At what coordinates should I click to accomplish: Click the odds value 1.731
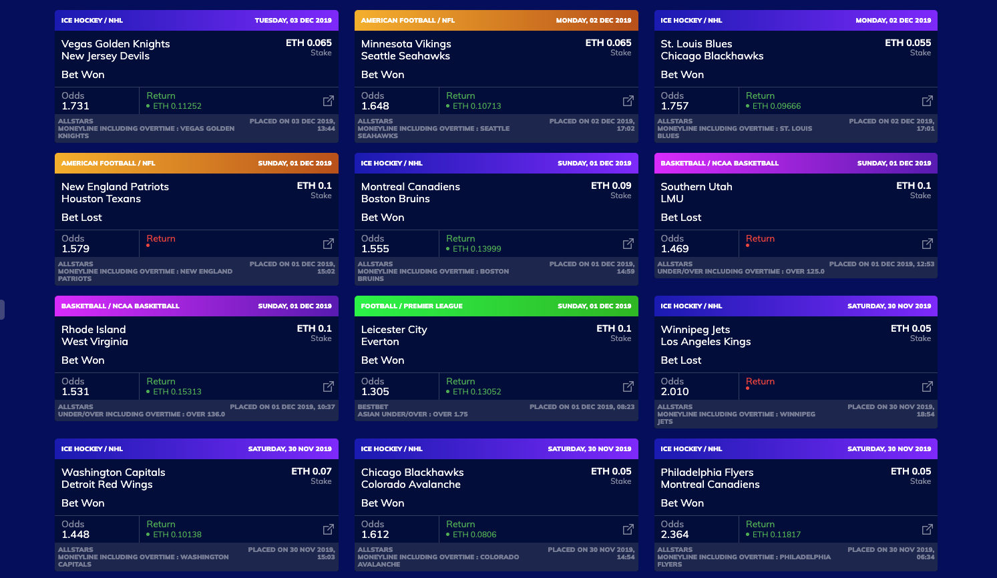click(75, 106)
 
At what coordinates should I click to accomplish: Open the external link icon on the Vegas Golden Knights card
click(329, 101)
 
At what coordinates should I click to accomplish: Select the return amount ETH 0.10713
click(476, 106)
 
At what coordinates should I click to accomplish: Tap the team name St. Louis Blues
click(696, 44)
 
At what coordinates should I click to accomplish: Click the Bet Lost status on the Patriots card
click(81, 218)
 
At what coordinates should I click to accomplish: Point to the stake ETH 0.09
click(610, 186)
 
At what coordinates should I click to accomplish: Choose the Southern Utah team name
click(696, 187)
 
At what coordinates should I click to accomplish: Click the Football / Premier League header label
click(411, 306)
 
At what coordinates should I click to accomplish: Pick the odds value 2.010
click(674, 392)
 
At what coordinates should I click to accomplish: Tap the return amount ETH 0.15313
click(177, 392)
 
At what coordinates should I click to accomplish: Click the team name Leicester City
click(394, 330)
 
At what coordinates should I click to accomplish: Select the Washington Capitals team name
click(113, 473)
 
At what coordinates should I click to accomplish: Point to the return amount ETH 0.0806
click(474, 535)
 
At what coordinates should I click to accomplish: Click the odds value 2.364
click(674, 535)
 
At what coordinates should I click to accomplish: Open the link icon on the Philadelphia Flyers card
click(928, 529)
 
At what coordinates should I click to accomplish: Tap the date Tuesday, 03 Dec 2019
click(292, 21)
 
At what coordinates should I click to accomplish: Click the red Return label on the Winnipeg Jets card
click(760, 382)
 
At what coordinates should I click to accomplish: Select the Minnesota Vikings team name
click(406, 44)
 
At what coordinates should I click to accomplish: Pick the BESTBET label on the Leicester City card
click(373, 407)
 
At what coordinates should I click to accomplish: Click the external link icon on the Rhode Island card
click(329, 386)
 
